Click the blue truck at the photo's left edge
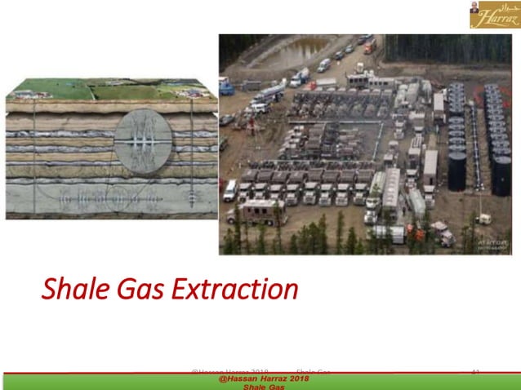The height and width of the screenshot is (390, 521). tap(225, 86)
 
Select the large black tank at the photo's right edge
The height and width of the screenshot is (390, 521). tap(501, 175)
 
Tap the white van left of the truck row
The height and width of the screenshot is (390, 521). tap(230, 190)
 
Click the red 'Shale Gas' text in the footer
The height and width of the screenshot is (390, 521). tap(263, 387)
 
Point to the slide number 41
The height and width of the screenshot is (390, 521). tap(476, 372)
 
